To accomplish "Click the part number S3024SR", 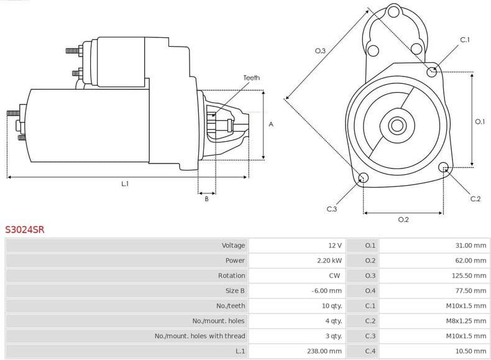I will tap(25, 229).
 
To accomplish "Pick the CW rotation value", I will tap(334, 275).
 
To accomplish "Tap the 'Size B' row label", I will tap(235, 290).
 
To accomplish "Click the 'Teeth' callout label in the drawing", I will tap(251, 78).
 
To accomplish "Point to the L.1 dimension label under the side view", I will tap(125, 184).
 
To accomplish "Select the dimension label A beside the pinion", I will tap(271, 124).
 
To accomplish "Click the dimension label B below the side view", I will tap(206, 199).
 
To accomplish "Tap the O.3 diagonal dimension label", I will tap(321, 51).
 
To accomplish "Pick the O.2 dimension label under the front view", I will tap(403, 219).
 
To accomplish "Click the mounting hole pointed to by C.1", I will tap(433, 72).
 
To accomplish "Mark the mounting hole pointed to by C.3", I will tap(364, 179).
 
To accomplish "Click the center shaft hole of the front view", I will tap(397, 125).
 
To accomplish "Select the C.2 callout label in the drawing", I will tap(475, 199).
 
